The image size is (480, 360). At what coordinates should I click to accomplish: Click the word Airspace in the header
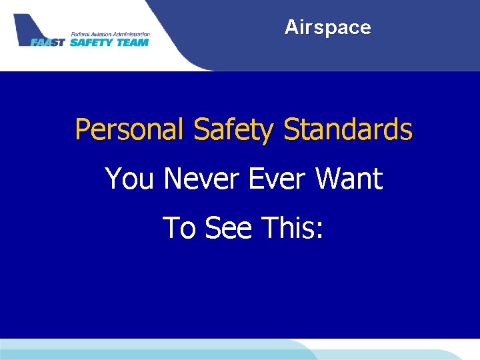pos(327,27)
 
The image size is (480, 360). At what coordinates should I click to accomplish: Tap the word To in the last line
pos(178,228)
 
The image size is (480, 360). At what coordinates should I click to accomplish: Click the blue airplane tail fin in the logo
pos(27,27)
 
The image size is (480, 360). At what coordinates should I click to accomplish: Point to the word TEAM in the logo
pos(132,42)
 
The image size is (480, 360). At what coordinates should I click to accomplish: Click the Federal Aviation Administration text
pos(110,33)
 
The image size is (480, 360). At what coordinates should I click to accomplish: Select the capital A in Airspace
pos(291,27)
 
